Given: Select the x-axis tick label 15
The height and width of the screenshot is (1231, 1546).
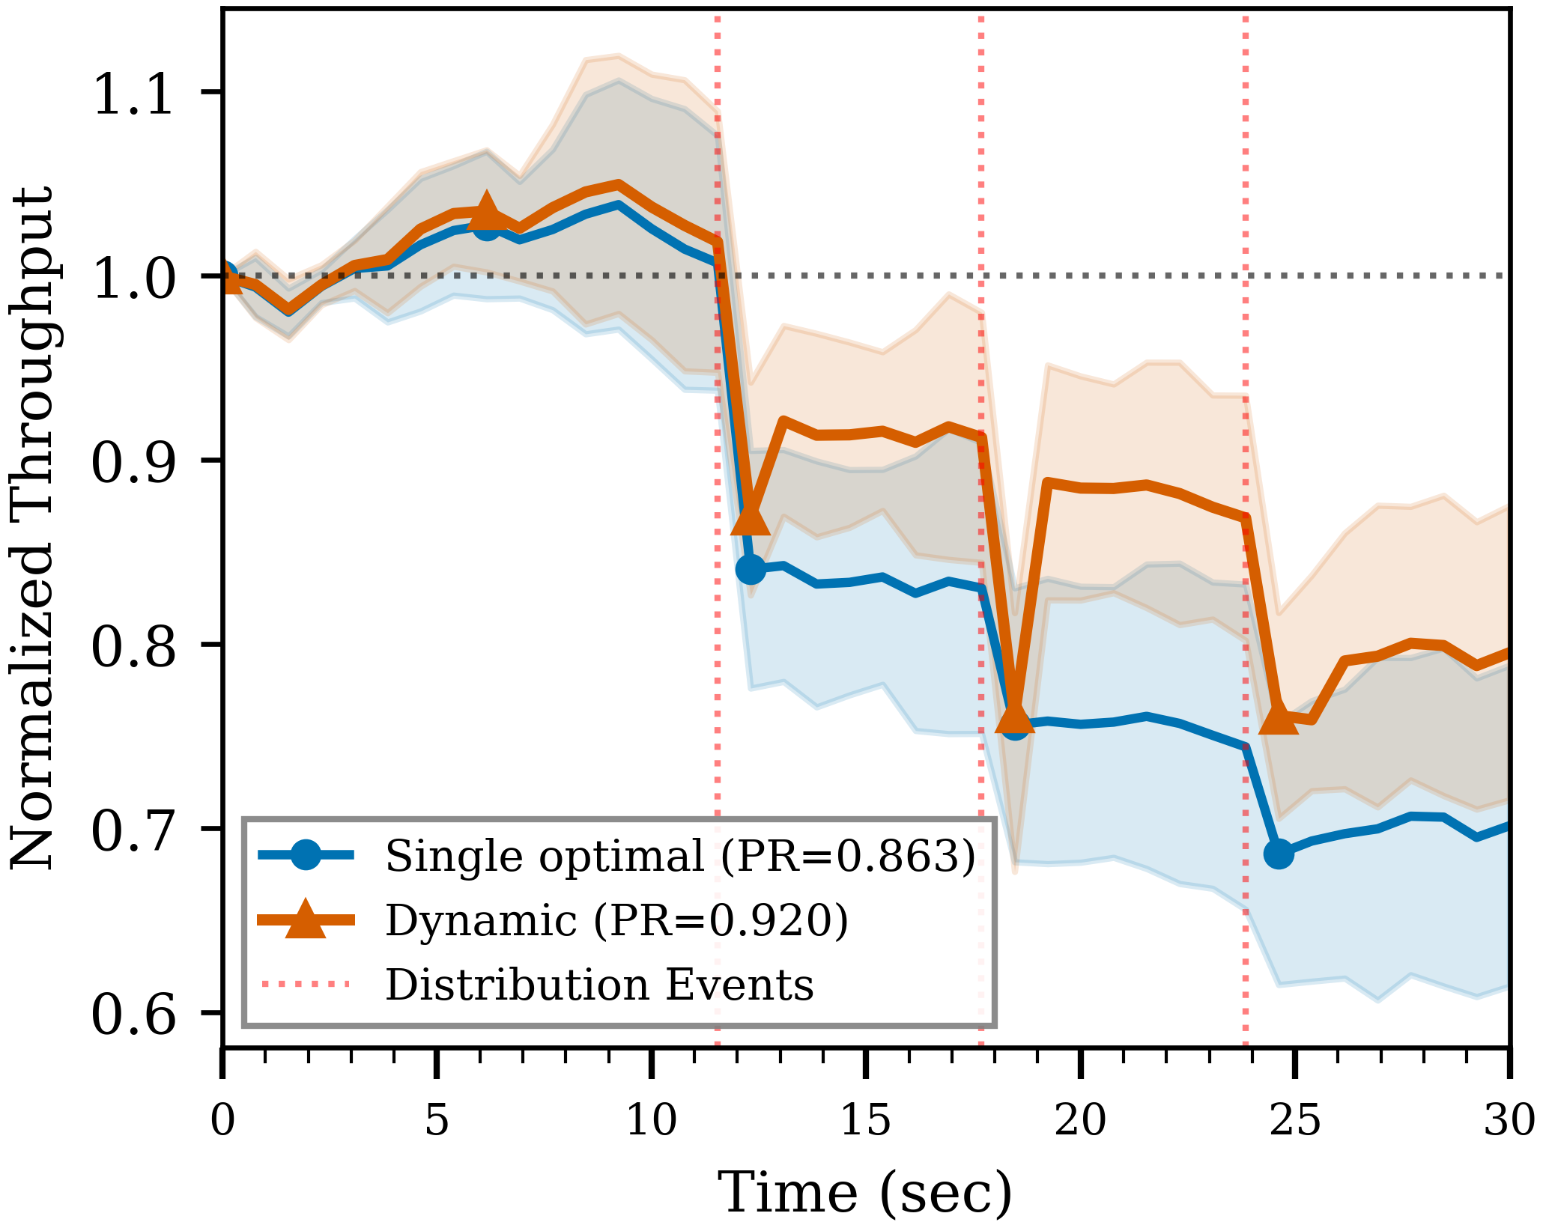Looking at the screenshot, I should [x=866, y=1121].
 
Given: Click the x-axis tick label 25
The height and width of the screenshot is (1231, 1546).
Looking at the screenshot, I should [x=1295, y=1121].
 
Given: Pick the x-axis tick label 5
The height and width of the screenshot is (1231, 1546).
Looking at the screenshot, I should [x=437, y=1121].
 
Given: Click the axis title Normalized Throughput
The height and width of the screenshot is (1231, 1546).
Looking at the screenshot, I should [x=31, y=528].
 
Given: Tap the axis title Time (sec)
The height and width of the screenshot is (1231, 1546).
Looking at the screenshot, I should [x=865, y=1192].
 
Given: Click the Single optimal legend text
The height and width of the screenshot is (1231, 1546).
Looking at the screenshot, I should [x=680, y=855].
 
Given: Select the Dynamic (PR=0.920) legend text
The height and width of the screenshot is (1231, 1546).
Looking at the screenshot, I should [x=616, y=920].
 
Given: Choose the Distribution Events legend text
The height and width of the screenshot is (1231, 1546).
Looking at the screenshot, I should [x=599, y=984].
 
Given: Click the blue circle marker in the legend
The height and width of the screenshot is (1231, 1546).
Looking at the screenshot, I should [x=306, y=855].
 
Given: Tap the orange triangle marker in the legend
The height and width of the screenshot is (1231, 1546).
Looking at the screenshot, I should [x=306, y=920].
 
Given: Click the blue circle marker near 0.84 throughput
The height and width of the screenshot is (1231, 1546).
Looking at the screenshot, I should [x=751, y=570].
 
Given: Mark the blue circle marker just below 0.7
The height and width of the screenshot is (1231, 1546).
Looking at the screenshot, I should [x=1279, y=854].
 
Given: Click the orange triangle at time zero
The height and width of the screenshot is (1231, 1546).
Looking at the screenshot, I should [x=227, y=281].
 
